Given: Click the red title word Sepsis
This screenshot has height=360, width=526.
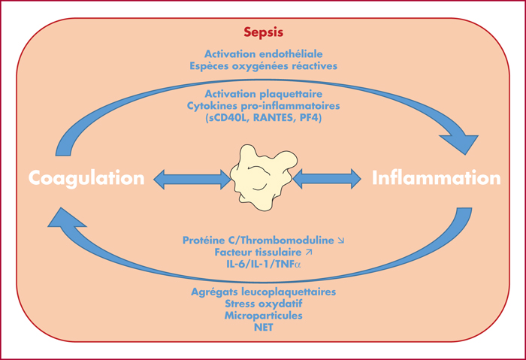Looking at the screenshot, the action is pos(263,32).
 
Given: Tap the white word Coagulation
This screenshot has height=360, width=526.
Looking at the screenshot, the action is pos(86,178).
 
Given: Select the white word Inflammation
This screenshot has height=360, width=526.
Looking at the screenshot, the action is pos(436,178).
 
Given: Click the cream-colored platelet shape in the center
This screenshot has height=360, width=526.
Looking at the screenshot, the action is pos(263,177).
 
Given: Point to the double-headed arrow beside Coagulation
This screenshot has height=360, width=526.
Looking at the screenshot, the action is pos(192,180).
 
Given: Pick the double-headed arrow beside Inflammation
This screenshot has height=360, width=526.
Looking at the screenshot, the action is pos(327,179).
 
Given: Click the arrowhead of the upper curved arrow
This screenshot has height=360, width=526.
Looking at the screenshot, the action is pos(461,144).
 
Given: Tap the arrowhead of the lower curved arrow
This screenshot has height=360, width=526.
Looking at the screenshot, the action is pos(66,218).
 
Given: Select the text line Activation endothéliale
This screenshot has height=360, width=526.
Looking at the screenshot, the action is pos(263,54).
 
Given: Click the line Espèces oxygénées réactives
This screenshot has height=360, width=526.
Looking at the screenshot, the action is pos(263,65).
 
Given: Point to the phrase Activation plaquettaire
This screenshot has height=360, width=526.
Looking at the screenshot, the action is pos(263,94).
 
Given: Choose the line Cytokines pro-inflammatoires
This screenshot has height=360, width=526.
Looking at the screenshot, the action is pos(263,106).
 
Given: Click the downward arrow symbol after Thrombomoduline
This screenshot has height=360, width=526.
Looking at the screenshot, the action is pos(341,241).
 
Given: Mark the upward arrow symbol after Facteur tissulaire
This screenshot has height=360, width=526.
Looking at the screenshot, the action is pos(309,252).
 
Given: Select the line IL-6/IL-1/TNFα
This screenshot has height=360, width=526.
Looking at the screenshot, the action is pos(263,264).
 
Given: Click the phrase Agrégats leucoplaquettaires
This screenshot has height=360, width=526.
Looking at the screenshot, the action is pos(263,292).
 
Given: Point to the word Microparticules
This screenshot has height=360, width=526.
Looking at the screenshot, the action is pos(263,316).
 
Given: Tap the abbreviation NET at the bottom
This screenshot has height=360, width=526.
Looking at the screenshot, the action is pos(263,327).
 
